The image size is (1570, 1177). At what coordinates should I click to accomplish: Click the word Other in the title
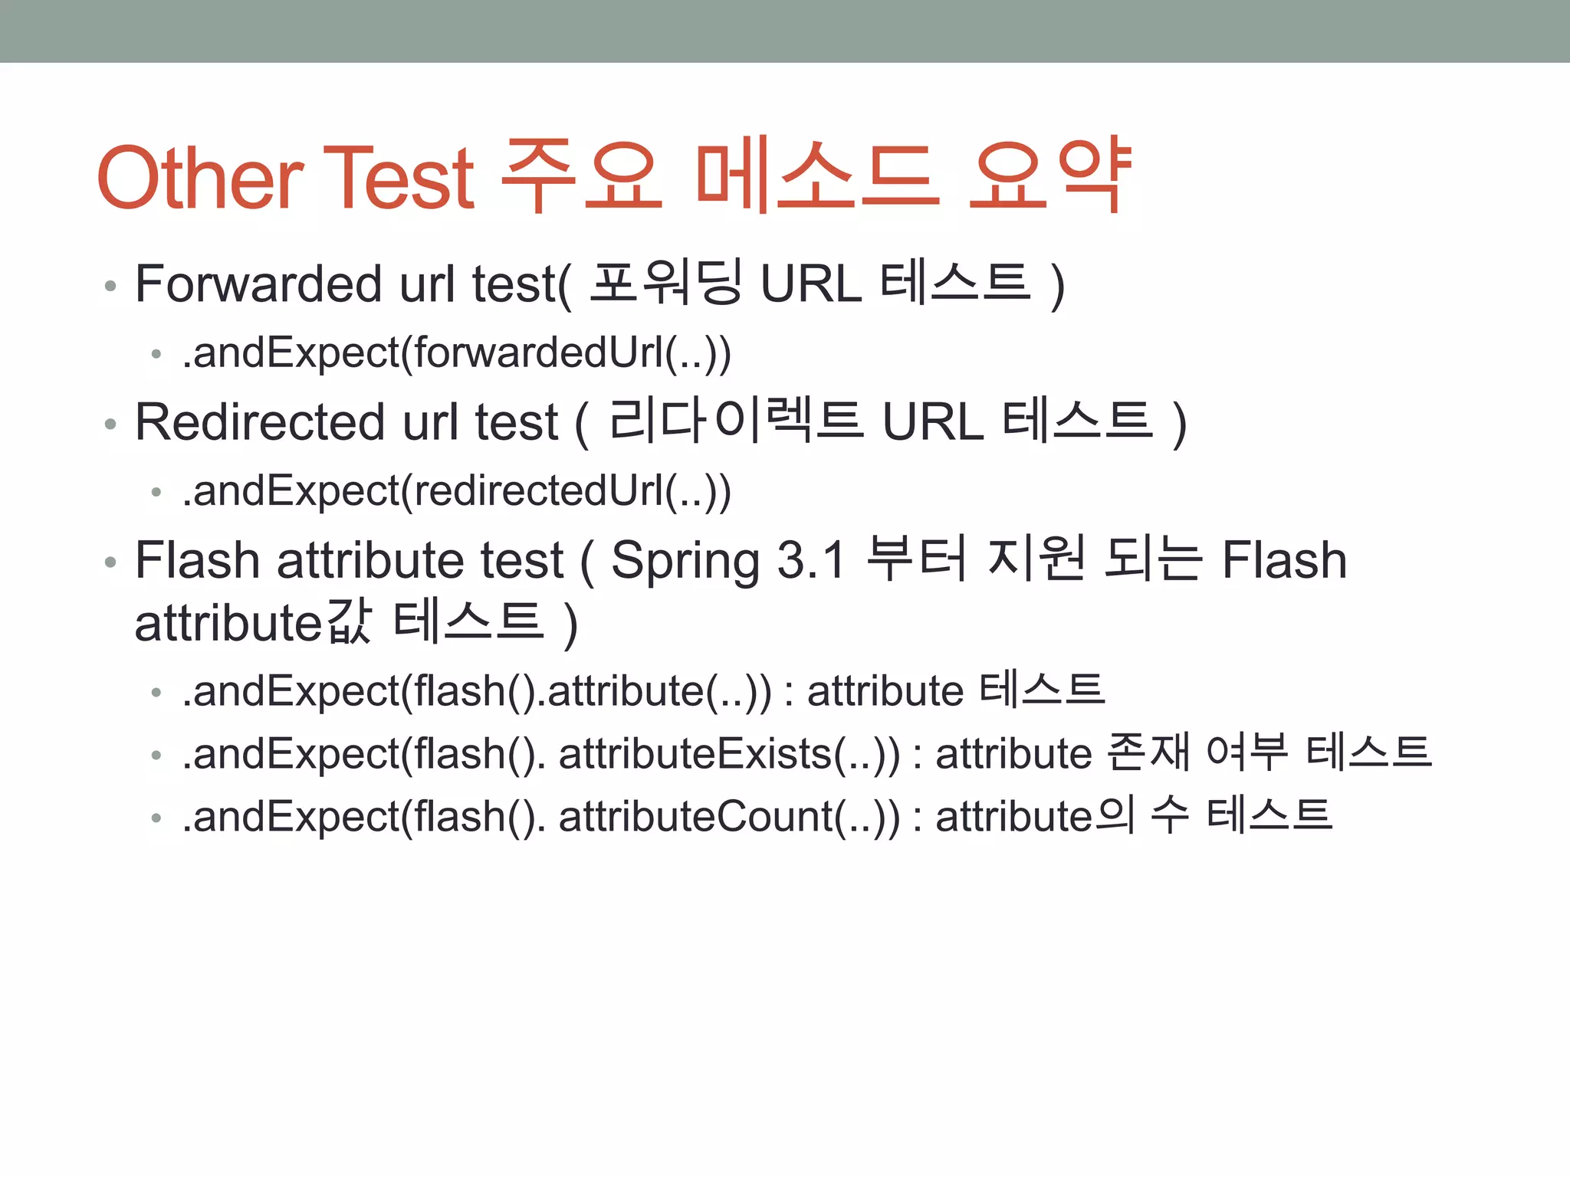pos(200,178)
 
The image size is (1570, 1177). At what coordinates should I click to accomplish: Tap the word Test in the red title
pos(399,178)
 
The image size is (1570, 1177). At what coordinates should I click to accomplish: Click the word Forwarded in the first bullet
pos(258,284)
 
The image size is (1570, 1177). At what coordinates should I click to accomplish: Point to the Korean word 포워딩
pos(665,284)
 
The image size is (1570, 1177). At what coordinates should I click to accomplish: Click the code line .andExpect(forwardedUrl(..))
pos(456,353)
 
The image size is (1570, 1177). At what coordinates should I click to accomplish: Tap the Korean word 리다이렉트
pos(736,422)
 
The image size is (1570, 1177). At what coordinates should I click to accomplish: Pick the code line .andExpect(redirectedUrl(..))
pos(456,491)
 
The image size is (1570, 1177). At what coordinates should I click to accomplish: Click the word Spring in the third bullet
pos(685,561)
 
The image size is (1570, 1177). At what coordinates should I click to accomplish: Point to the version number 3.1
pos(811,560)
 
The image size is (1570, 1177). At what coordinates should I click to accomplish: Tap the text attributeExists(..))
pos(729,754)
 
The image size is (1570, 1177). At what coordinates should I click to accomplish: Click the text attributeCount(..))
pos(729,817)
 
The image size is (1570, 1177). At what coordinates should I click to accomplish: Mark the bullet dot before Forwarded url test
pos(111,286)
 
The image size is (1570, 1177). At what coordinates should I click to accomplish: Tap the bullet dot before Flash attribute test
pos(111,562)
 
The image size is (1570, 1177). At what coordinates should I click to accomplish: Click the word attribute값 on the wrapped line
pos(253,622)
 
